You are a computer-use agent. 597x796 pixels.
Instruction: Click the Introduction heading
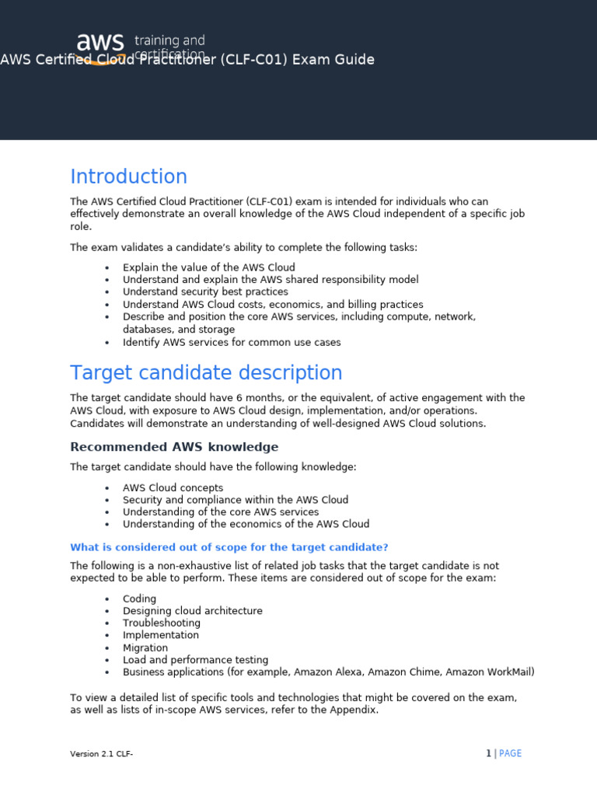[x=129, y=176]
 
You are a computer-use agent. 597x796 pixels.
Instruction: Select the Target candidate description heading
[x=206, y=373]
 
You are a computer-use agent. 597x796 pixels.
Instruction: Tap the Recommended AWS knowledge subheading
[x=174, y=447]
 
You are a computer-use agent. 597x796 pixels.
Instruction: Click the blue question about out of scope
[x=229, y=547]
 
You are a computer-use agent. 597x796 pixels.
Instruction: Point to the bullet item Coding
[x=139, y=599]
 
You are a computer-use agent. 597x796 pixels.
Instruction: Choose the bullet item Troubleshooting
[x=161, y=623]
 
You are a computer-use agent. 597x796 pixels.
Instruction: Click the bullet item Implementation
[x=161, y=635]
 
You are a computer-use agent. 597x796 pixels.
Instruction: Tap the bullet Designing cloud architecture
[x=192, y=611]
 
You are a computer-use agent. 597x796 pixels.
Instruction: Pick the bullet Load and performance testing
[x=195, y=660]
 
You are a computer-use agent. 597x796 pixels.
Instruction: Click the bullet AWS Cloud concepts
[x=173, y=488]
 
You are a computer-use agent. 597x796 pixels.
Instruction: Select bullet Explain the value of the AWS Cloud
[x=208, y=267]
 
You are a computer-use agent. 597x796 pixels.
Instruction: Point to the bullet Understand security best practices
[x=205, y=292]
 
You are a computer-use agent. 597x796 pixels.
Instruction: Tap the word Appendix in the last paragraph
[x=354, y=710]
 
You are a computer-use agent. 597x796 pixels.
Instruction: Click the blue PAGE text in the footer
[x=510, y=753]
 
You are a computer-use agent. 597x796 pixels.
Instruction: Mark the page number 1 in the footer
[x=488, y=753]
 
